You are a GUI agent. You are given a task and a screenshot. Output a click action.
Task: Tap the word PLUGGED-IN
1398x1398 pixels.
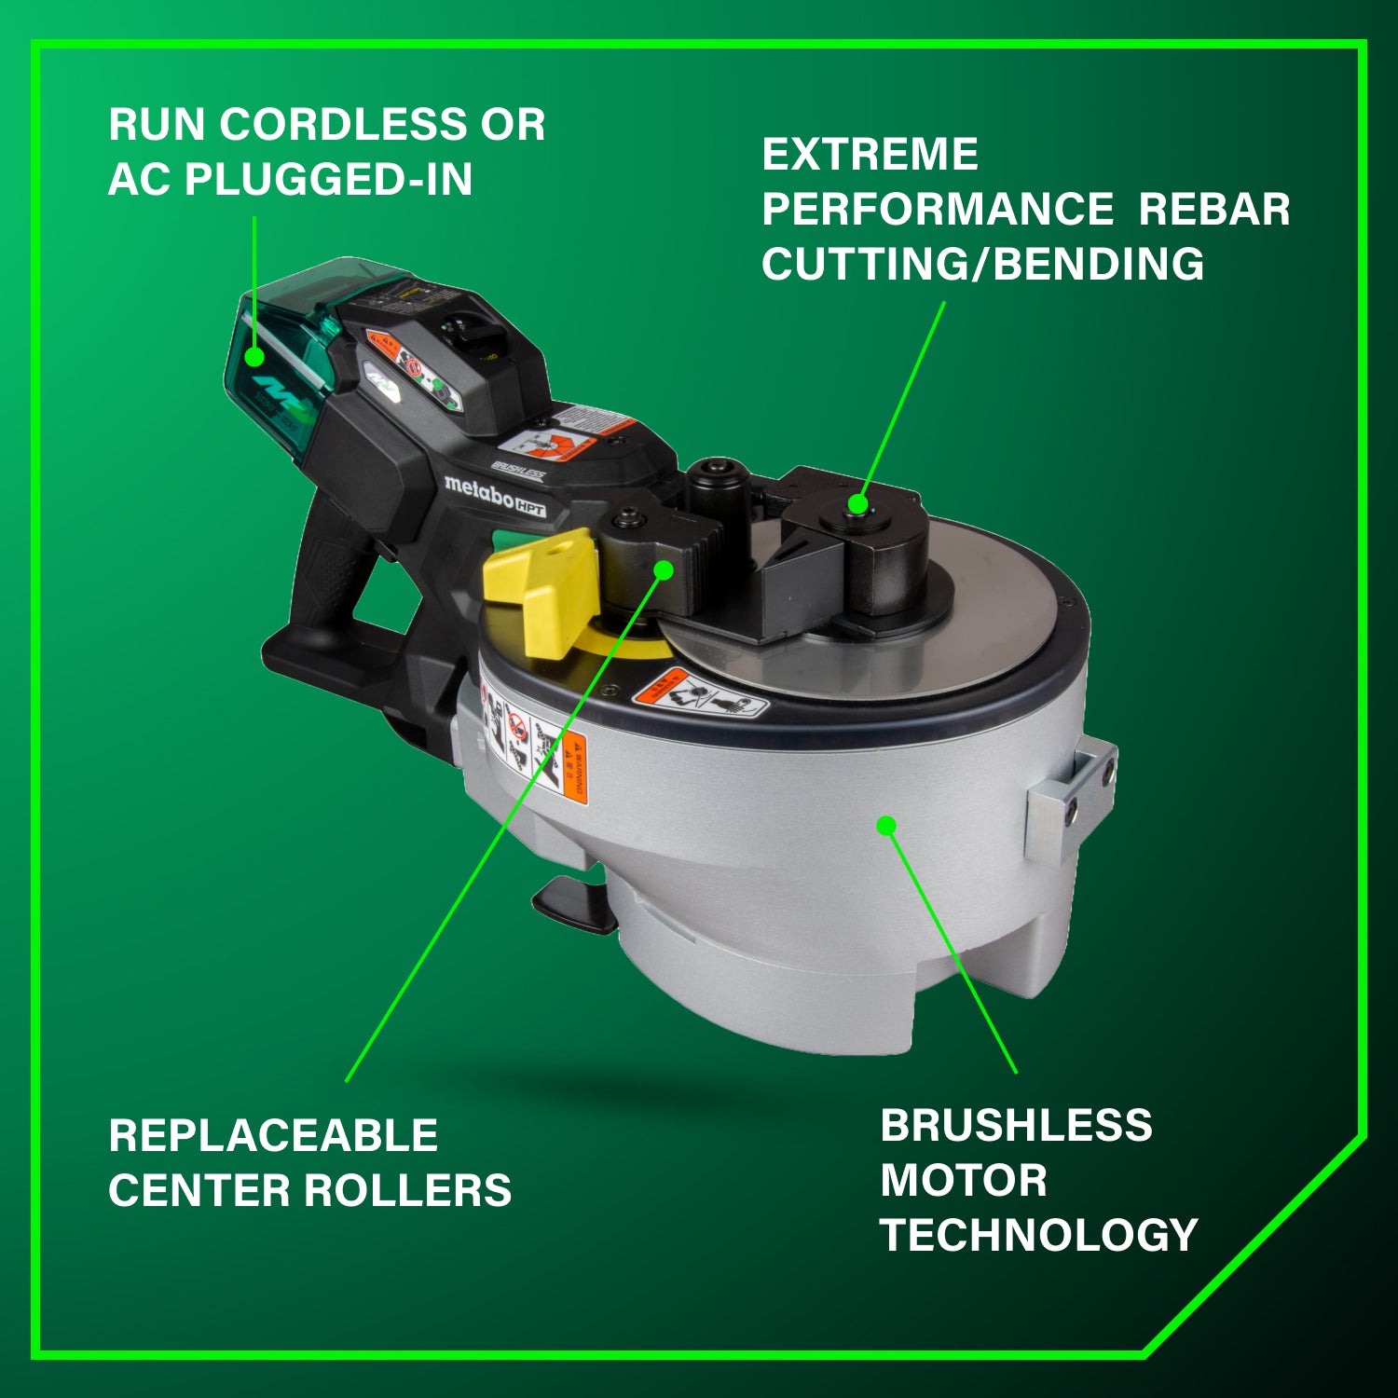(x=329, y=180)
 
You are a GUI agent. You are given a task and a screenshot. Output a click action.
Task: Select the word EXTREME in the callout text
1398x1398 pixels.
(x=870, y=155)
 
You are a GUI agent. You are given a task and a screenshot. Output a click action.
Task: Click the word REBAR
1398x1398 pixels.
(x=1213, y=210)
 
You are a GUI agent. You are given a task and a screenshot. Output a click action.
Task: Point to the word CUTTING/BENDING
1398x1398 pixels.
(x=982, y=265)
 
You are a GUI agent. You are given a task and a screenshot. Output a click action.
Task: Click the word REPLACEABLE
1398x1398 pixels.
(x=273, y=1136)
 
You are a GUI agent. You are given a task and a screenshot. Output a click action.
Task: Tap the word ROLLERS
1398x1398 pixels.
(x=408, y=1191)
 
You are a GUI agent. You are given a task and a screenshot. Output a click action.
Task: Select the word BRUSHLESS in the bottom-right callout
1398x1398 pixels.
(x=1016, y=1126)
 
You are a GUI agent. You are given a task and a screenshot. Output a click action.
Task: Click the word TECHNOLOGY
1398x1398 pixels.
(x=1038, y=1236)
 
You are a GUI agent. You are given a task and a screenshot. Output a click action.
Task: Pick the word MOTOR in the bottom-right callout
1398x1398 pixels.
(x=964, y=1181)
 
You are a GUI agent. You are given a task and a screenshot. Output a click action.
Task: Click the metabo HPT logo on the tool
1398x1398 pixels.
(x=494, y=494)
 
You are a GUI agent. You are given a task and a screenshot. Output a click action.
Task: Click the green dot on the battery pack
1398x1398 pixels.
(x=254, y=356)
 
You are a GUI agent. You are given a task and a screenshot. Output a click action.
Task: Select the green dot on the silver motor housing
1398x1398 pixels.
(x=886, y=825)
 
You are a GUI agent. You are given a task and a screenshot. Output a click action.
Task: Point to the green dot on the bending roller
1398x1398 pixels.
(x=858, y=505)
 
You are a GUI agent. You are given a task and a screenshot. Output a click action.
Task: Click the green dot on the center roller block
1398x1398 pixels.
(x=664, y=569)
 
